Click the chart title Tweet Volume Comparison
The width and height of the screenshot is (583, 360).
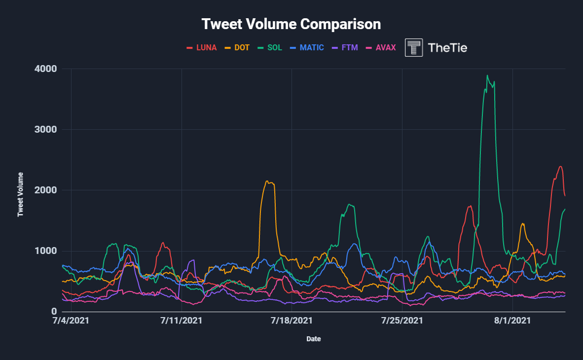point(291,24)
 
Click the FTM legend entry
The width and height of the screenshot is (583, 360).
point(345,48)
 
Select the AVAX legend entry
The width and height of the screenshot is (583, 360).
point(380,48)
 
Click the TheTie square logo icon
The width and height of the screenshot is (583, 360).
point(414,48)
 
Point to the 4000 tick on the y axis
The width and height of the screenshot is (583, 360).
point(46,69)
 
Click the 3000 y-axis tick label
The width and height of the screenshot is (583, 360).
point(46,130)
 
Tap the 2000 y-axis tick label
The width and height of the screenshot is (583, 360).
point(46,190)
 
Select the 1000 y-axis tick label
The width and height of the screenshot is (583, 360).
point(46,251)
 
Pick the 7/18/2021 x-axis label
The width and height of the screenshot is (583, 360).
point(292,321)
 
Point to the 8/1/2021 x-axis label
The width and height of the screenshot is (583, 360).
point(513,321)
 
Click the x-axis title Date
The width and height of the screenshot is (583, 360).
point(313,339)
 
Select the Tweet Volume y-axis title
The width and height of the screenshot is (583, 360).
point(21,194)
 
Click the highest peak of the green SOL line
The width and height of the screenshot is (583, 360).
point(487,75)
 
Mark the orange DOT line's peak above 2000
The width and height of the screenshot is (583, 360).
point(267,181)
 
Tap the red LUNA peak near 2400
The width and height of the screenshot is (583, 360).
point(560,166)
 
